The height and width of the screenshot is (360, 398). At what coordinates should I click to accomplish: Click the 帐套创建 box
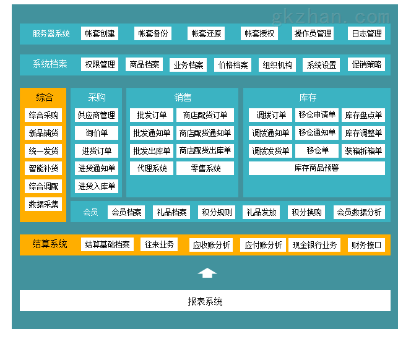tap(100, 33)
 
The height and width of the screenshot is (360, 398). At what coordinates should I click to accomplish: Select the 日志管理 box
tap(366, 33)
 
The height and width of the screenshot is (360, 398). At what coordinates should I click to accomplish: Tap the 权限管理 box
tap(100, 64)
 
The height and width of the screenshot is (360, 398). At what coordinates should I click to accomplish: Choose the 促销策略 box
tap(366, 64)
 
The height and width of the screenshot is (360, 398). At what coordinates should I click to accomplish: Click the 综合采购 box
tap(43, 115)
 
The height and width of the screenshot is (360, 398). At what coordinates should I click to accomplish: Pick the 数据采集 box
tap(43, 204)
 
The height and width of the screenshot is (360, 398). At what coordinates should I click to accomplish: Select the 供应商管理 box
tap(97, 115)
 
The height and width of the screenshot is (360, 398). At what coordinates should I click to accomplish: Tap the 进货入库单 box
tap(97, 186)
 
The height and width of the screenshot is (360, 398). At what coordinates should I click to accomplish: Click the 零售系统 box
tap(205, 168)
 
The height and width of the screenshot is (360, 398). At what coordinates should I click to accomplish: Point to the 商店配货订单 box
tap(205, 115)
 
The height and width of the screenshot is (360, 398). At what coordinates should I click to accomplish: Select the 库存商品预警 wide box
tap(317, 168)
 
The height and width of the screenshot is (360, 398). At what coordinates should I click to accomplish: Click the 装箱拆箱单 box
tap(363, 151)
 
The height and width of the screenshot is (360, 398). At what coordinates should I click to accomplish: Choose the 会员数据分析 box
tap(359, 212)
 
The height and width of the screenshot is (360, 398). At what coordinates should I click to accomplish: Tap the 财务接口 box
tap(366, 245)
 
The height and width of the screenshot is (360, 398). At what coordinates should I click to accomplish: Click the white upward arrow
tap(207, 273)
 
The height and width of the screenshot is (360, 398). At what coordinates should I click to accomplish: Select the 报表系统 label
tap(205, 301)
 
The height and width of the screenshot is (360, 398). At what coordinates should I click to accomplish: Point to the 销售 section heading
tap(183, 97)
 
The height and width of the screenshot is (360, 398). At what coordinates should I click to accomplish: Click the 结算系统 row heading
tap(50, 244)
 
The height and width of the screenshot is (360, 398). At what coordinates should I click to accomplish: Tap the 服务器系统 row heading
tap(51, 33)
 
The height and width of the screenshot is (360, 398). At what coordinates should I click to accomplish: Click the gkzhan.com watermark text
tap(331, 17)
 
